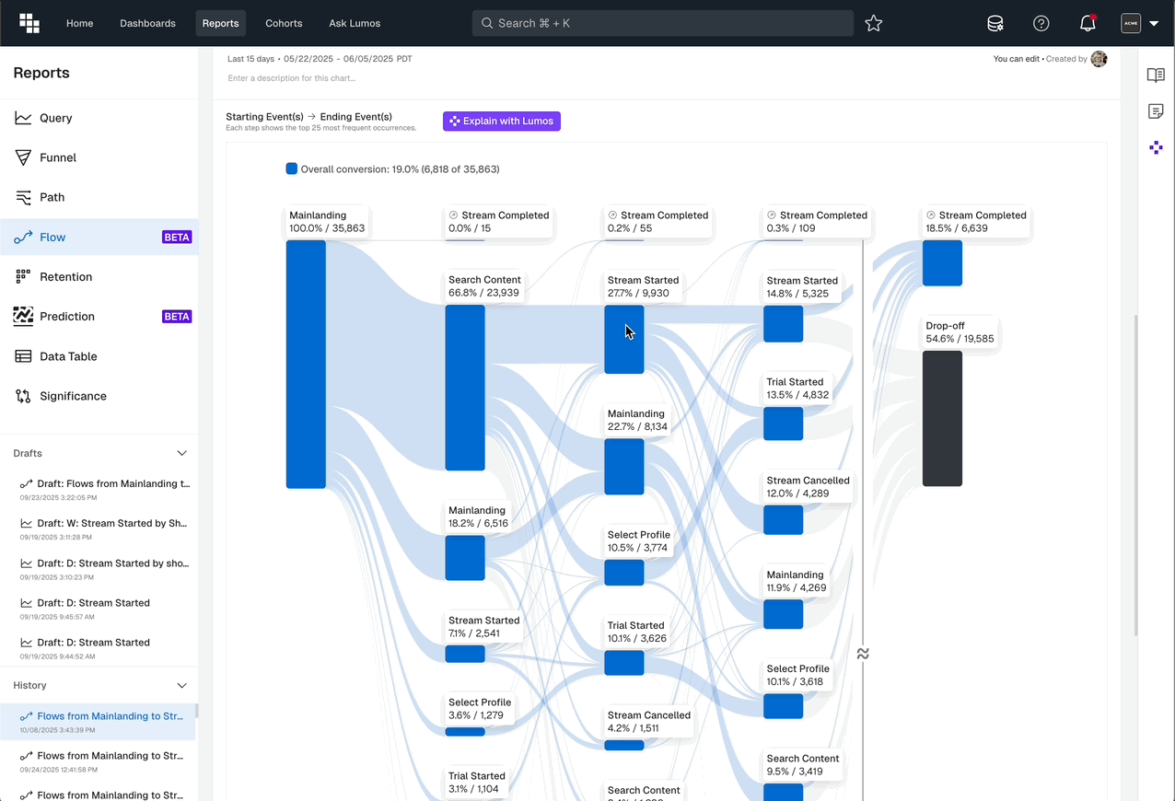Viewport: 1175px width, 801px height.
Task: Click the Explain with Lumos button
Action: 501,122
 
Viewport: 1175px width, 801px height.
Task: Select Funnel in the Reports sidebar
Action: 57,157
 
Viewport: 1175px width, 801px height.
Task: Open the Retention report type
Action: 65,276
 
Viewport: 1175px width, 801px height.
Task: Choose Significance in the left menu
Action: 73,396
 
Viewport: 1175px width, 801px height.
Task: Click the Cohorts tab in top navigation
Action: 284,23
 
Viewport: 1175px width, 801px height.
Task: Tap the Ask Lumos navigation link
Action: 355,23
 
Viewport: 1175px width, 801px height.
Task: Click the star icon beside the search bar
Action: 874,24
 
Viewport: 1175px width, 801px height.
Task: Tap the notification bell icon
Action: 1088,24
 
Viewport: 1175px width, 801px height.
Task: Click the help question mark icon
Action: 1041,24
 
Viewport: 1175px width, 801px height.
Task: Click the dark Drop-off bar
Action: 942,418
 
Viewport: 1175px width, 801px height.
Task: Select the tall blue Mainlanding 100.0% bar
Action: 306,364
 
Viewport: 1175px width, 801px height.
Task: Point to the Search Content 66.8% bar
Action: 465,388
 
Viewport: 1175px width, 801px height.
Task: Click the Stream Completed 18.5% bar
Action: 942,263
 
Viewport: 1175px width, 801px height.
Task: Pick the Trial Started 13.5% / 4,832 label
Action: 797,389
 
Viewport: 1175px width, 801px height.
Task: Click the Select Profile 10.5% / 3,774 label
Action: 638,541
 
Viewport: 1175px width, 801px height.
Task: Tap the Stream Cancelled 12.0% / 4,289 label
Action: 808,487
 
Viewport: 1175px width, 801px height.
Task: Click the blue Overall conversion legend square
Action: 292,169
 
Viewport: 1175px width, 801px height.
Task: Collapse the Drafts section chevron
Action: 181,453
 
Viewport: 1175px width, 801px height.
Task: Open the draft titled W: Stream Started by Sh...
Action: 111,523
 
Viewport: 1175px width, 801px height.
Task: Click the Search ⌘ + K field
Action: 663,23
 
